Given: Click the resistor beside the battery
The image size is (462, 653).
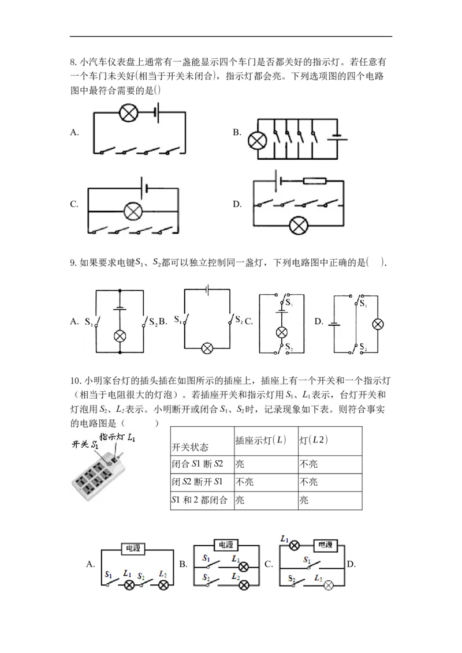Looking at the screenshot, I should (x=314, y=181).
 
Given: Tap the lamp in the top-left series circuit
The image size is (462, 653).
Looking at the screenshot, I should (x=127, y=112).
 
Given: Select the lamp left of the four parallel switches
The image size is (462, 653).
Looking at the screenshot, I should (x=255, y=140).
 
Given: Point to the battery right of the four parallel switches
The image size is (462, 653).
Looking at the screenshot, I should (x=337, y=138).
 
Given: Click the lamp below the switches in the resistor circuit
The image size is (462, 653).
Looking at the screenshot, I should (x=299, y=225).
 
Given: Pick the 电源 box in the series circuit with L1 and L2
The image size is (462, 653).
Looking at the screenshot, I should (x=132, y=549).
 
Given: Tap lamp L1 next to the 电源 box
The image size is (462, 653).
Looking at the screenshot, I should (x=294, y=545).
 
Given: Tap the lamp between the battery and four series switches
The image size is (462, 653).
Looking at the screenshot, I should (x=134, y=211).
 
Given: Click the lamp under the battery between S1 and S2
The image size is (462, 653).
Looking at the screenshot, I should (x=120, y=336).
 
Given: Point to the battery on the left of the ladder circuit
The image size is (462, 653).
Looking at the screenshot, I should (x=334, y=324).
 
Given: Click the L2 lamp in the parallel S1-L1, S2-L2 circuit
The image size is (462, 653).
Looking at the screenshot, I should (x=244, y=585).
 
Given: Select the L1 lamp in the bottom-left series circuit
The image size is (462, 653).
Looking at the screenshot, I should (x=130, y=585).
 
